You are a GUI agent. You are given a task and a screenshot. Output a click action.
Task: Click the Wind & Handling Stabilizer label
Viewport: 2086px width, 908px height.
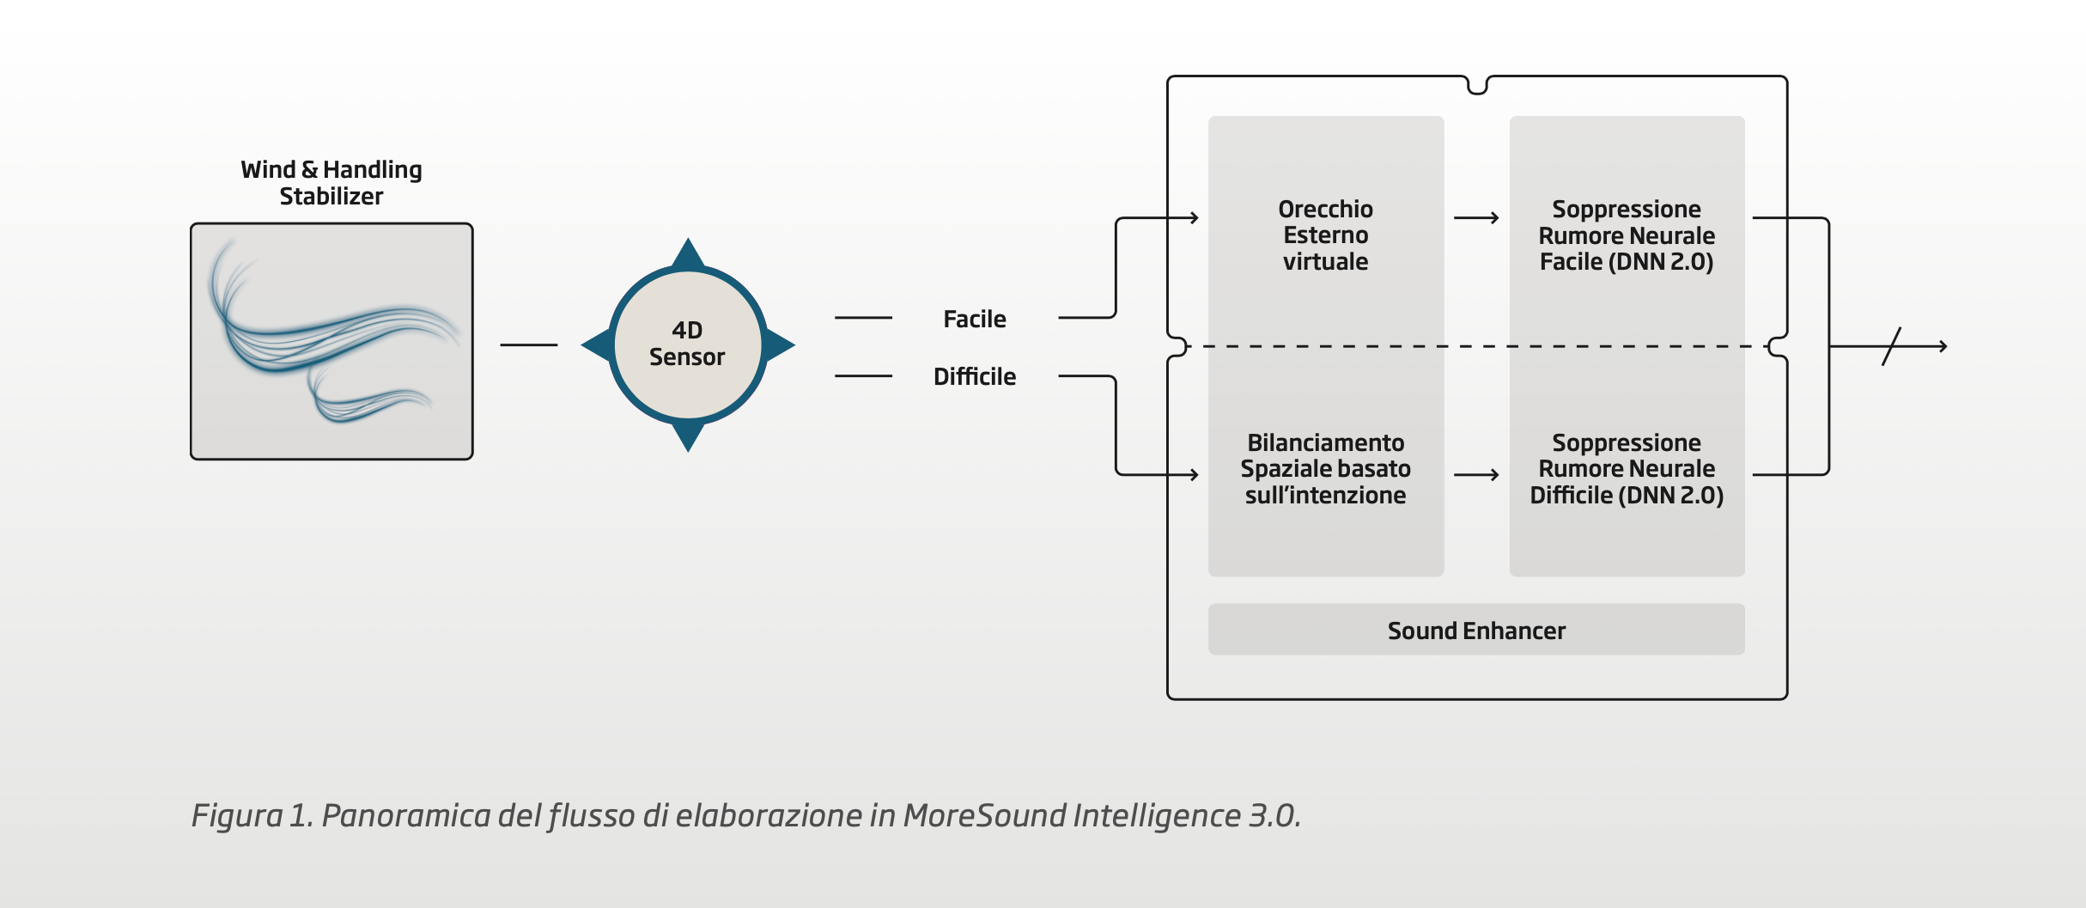click(x=331, y=182)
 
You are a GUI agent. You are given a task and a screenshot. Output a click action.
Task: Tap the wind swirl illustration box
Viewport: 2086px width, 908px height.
click(x=331, y=341)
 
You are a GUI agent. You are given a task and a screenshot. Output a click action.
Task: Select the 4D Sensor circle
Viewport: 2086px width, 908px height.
click(x=687, y=344)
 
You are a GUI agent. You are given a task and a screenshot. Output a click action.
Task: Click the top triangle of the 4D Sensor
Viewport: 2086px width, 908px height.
click(x=688, y=253)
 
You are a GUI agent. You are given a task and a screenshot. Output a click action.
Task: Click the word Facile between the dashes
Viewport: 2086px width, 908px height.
click(x=975, y=319)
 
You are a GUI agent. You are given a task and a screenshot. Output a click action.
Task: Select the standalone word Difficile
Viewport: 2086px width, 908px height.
click(x=975, y=376)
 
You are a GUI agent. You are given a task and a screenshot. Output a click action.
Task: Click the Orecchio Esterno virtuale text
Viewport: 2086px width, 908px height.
click(x=1325, y=235)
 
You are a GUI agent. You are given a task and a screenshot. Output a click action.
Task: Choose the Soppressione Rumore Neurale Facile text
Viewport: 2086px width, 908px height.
click(x=1627, y=235)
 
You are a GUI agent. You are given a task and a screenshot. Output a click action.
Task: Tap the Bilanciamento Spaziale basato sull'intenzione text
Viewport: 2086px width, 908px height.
click(x=1325, y=468)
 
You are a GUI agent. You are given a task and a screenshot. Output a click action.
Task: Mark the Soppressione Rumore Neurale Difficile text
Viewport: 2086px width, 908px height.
click(x=1627, y=468)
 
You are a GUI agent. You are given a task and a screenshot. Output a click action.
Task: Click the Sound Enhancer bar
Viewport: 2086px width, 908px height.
click(x=1476, y=630)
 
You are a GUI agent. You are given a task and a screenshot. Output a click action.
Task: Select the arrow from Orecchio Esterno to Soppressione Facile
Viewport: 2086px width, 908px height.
click(x=1476, y=218)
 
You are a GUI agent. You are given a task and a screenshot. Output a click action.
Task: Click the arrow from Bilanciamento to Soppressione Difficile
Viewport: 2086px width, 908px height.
click(x=1476, y=474)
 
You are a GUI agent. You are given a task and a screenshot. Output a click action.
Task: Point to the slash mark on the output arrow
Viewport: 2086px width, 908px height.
click(x=1891, y=346)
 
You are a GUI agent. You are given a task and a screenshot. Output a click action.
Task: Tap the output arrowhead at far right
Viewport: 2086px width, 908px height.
click(x=1943, y=346)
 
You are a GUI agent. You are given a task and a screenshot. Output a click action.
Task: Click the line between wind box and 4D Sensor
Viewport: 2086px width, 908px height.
click(x=528, y=344)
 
